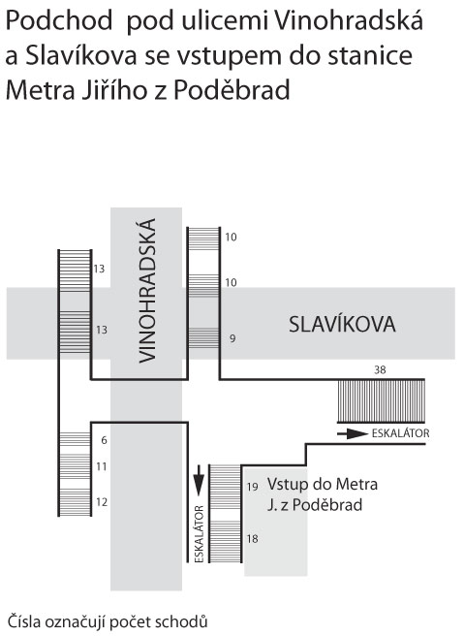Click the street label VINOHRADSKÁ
[x=147, y=291]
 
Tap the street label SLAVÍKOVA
[x=342, y=325]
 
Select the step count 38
[x=380, y=370]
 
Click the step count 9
[x=232, y=338]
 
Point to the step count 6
[x=105, y=440]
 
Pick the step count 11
[x=102, y=466]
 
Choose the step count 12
[x=102, y=502]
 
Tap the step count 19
[x=253, y=487]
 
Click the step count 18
[x=253, y=539]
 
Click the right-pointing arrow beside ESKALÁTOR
[x=353, y=434]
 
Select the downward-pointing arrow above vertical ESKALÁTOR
[x=199, y=481]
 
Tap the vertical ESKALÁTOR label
[x=199, y=534]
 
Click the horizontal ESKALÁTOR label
[x=400, y=433]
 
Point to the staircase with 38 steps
[x=382, y=400]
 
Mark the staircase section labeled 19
[x=226, y=487]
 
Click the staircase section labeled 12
[x=75, y=502]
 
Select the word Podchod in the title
[x=59, y=21]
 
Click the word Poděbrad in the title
[x=232, y=91]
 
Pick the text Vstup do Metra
[x=323, y=485]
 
